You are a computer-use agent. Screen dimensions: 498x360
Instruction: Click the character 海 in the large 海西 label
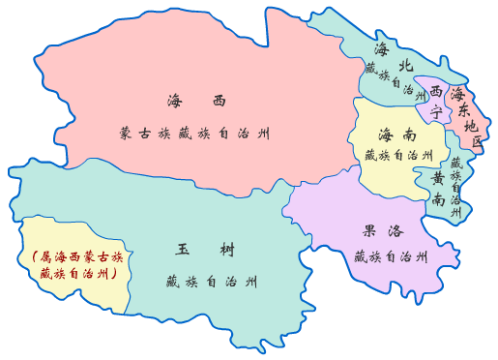click(175, 101)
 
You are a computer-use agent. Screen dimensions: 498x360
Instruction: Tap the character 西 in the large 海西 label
click(219, 101)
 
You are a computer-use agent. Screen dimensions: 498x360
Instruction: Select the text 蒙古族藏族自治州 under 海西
click(195, 132)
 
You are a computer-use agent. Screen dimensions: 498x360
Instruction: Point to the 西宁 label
click(437, 102)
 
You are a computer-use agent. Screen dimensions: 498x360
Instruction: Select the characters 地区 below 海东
click(472, 134)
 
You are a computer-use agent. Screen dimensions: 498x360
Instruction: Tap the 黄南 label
click(439, 189)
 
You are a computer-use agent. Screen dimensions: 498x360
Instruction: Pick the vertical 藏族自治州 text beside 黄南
click(456, 186)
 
